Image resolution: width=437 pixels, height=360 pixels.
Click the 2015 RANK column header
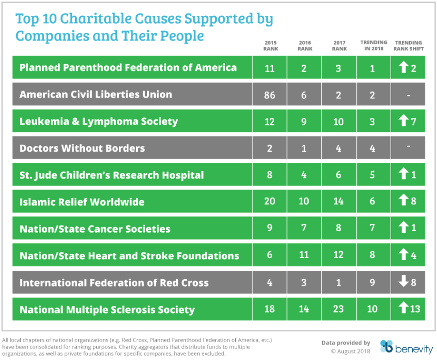271,46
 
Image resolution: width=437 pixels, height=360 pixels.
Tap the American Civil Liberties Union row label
96,94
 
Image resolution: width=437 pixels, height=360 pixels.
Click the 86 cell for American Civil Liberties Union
269,94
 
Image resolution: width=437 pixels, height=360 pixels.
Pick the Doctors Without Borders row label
82,148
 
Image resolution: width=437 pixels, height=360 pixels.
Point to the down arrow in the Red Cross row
403,282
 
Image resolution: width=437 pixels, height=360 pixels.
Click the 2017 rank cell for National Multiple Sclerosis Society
339,309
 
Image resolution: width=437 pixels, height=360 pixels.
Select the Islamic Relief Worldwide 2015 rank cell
269,202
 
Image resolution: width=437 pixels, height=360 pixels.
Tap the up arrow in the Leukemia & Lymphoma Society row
403,121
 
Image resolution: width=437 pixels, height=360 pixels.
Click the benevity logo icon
386,347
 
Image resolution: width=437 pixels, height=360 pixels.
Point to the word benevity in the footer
414,349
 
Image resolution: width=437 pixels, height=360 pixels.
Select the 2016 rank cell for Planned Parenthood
304,67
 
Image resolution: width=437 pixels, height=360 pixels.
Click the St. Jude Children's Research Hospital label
112,175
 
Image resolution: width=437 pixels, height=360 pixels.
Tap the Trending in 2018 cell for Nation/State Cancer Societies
372,229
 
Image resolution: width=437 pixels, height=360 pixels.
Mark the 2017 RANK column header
339,46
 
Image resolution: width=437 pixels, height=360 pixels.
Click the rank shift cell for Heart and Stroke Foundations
408,255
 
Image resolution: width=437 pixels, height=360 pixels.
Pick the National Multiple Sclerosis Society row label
107,310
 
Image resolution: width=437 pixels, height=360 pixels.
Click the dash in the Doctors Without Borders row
408,146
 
